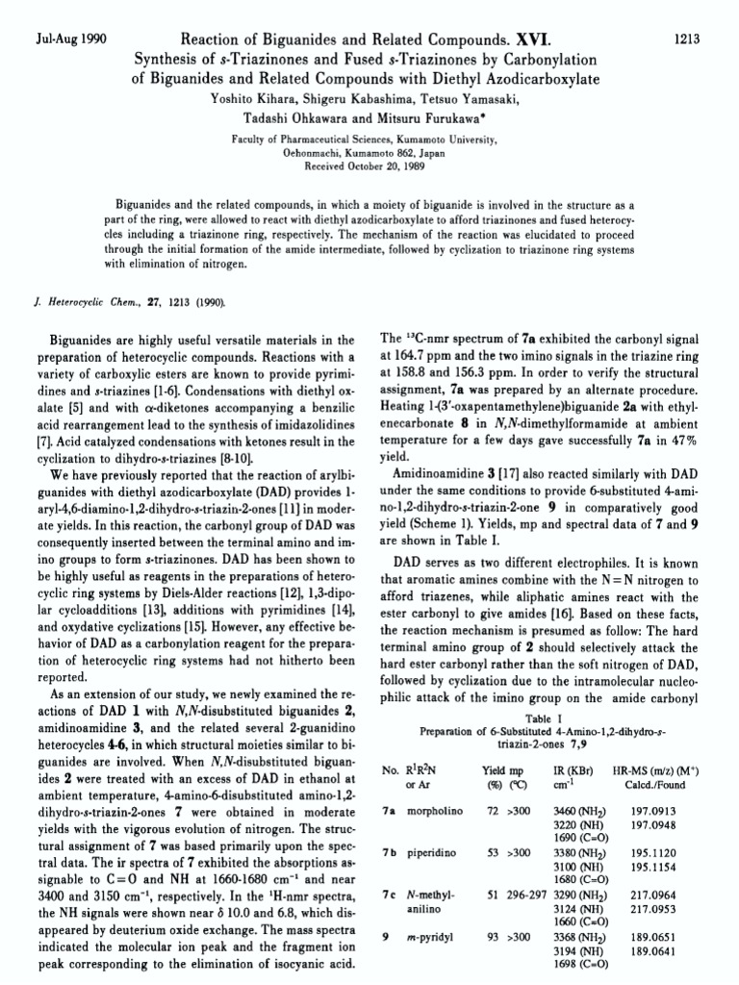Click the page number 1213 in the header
684,39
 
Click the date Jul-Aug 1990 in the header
69,39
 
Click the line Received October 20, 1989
369,164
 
